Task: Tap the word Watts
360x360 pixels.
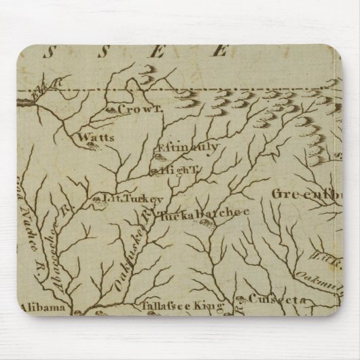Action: (95, 137)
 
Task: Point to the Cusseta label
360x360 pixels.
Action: (269, 298)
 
